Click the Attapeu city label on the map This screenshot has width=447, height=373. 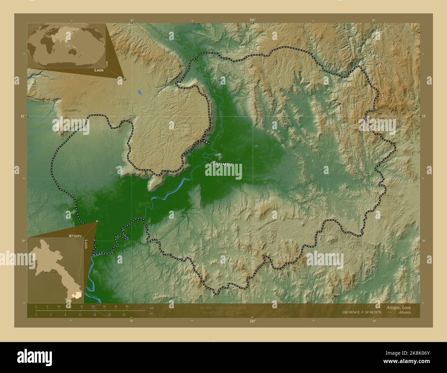pyautogui.click(x=224, y=164)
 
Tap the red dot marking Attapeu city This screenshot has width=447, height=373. pyautogui.click(x=212, y=164)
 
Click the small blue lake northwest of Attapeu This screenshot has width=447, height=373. pyautogui.click(x=139, y=92)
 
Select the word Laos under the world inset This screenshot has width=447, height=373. pyautogui.click(x=99, y=70)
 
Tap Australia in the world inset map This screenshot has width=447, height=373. pyautogui.click(x=74, y=51)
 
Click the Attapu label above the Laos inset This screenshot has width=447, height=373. pyautogui.click(x=75, y=236)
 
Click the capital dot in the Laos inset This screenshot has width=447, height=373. pyautogui.click(x=46, y=272)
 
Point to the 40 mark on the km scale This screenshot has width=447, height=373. pyautogui.click(x=127, y=306)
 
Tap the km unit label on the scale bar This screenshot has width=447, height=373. pyautogui.click(x=152, y=307)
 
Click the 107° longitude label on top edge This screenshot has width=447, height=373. pyautogui.click(x=253, y=20)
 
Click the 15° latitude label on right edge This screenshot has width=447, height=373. pyautogui.click(x=424, y=116)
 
